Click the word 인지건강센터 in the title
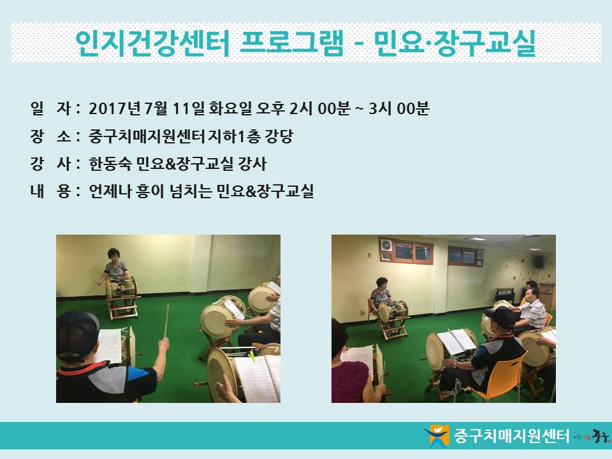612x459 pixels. click(152, 43)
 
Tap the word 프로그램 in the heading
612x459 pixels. click(292, 43)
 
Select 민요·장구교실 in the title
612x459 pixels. click(455, 43)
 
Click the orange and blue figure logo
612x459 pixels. click(438, 435)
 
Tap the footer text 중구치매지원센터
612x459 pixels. click(511, 435)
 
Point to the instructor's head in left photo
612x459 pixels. click(114, 255)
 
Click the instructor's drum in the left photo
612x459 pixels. click(122, 288)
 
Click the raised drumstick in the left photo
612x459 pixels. click(166, 321)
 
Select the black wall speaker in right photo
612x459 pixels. click(539, 262)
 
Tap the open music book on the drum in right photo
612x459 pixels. click(456, 341)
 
